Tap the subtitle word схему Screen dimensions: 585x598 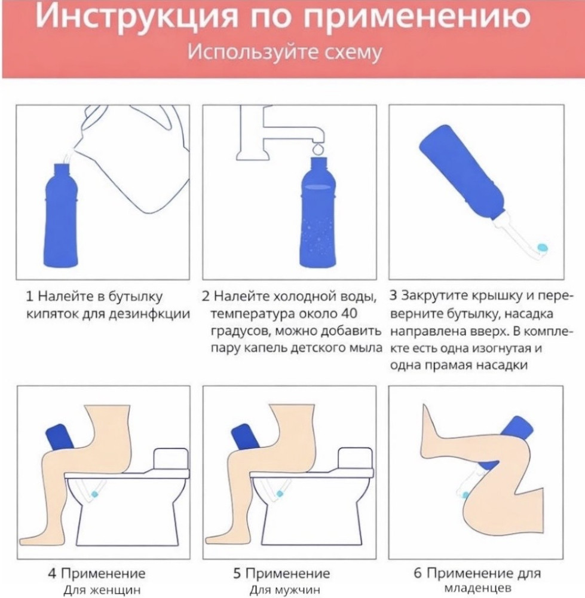[x=352, y=52]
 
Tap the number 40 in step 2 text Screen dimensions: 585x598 [x=348, y=313]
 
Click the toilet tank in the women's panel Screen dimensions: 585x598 [x=171, y=459]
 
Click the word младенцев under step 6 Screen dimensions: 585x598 [x=477, y=588]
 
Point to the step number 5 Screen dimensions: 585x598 [x=237, y=573]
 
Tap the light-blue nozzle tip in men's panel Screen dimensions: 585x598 [x=280, y=493]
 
